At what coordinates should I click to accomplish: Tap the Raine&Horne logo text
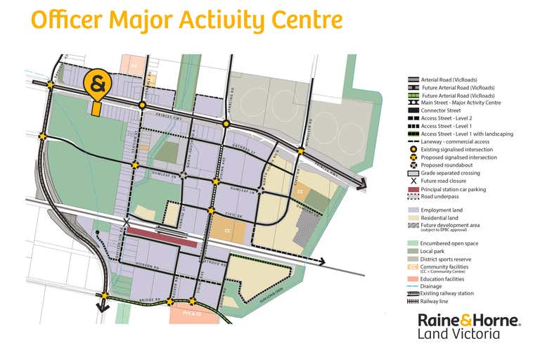469,320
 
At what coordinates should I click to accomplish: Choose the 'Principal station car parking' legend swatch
413,189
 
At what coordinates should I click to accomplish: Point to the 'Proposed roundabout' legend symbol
413,165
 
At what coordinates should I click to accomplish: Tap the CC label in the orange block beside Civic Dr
227,231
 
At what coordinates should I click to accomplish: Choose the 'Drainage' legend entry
432,286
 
